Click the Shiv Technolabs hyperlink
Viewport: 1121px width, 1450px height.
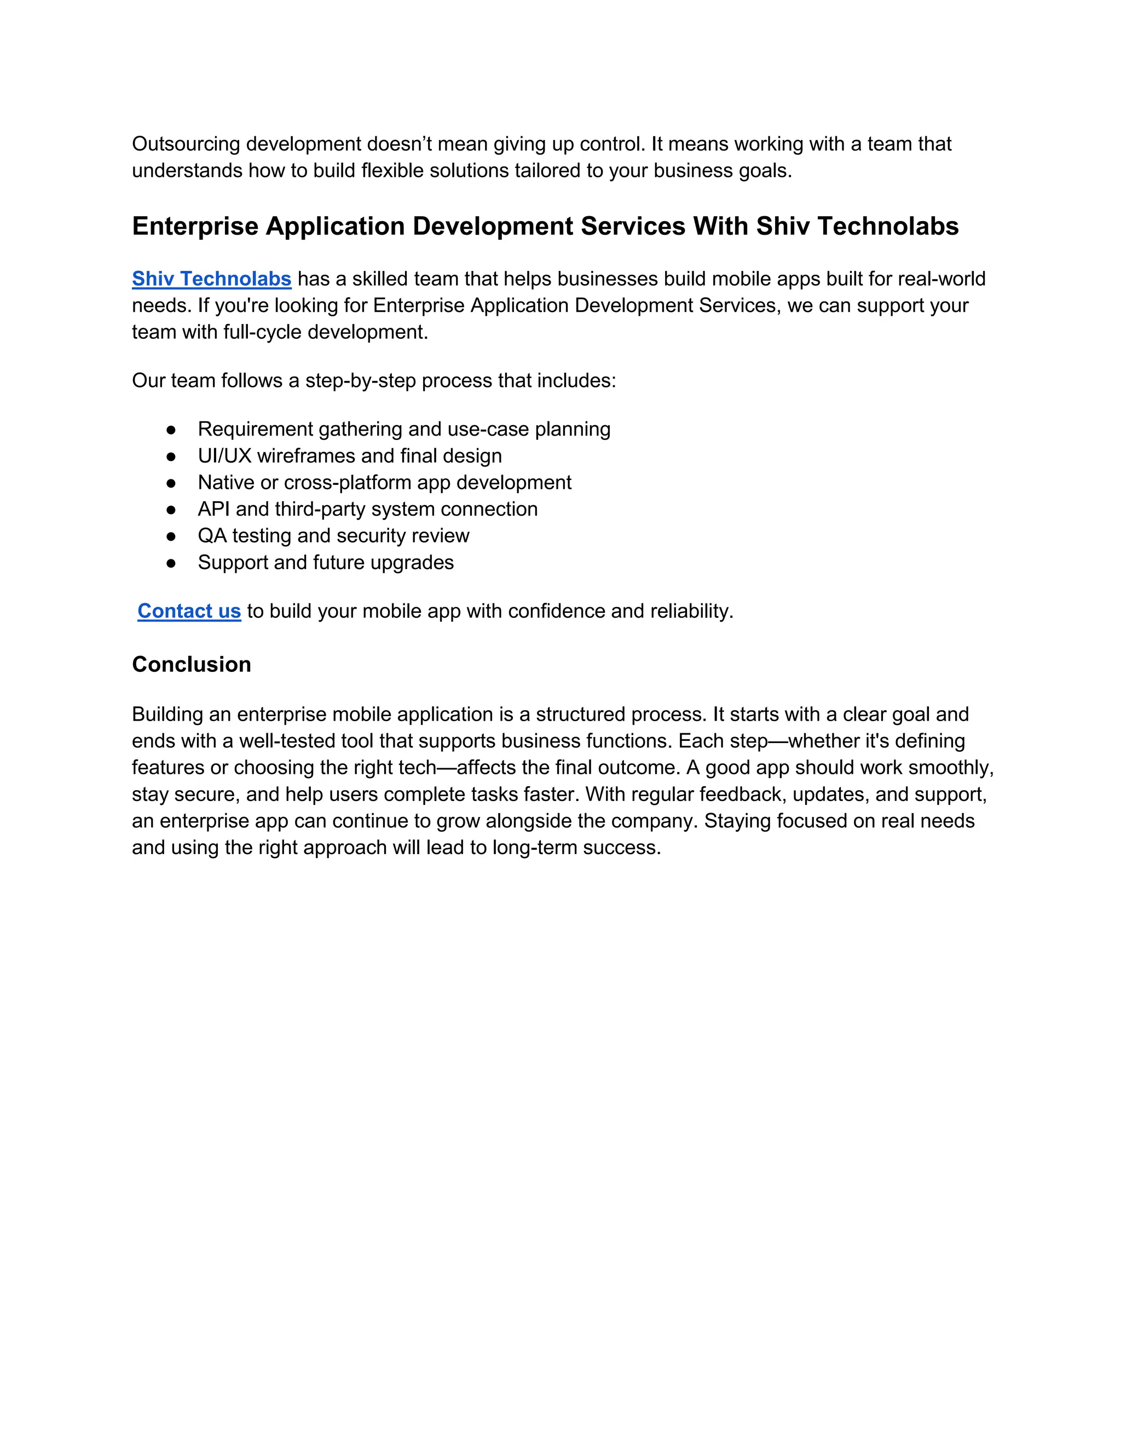pyautogui.click(x=211, y=279)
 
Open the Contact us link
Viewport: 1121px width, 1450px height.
pyautogui.click(x=189, y=611)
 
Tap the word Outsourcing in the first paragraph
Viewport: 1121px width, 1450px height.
pyautogui.click(x=186, y=144)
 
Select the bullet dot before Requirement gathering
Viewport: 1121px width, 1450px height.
pyautogui.click(x=171, y=430)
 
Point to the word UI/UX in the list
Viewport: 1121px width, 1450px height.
pyautogui.click(x=224, y=456)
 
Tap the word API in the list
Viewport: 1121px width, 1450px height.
pyautogui.click(x=213, y=509)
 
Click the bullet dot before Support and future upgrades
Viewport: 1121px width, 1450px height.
pyautogui.click(x=171, y=564)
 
